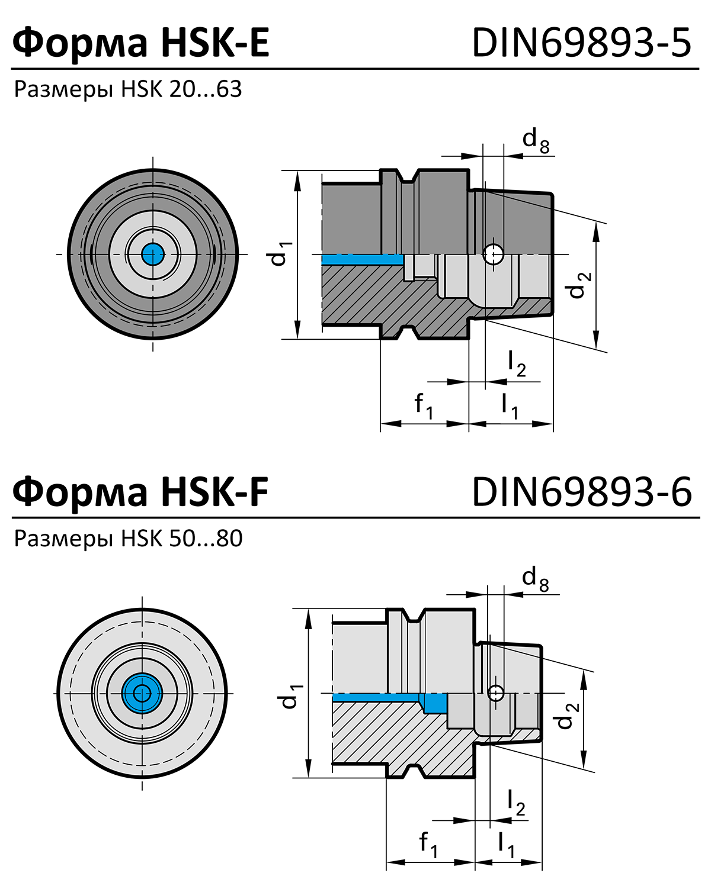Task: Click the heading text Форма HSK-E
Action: pos(141,43)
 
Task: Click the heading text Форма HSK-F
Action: pos(141,492)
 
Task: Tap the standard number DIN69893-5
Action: pos(581,43)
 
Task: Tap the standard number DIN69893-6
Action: pos(581,492)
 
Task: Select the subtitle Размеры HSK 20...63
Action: pos(128,89)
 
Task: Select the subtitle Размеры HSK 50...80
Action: pos(128,539)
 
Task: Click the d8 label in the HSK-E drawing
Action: pos(536,141)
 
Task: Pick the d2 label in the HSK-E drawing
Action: pos(578,285)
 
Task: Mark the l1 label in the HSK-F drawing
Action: pos(506,844)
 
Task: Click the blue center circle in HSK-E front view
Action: pos(153,255)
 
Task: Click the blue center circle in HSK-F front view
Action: pos(142,693)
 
